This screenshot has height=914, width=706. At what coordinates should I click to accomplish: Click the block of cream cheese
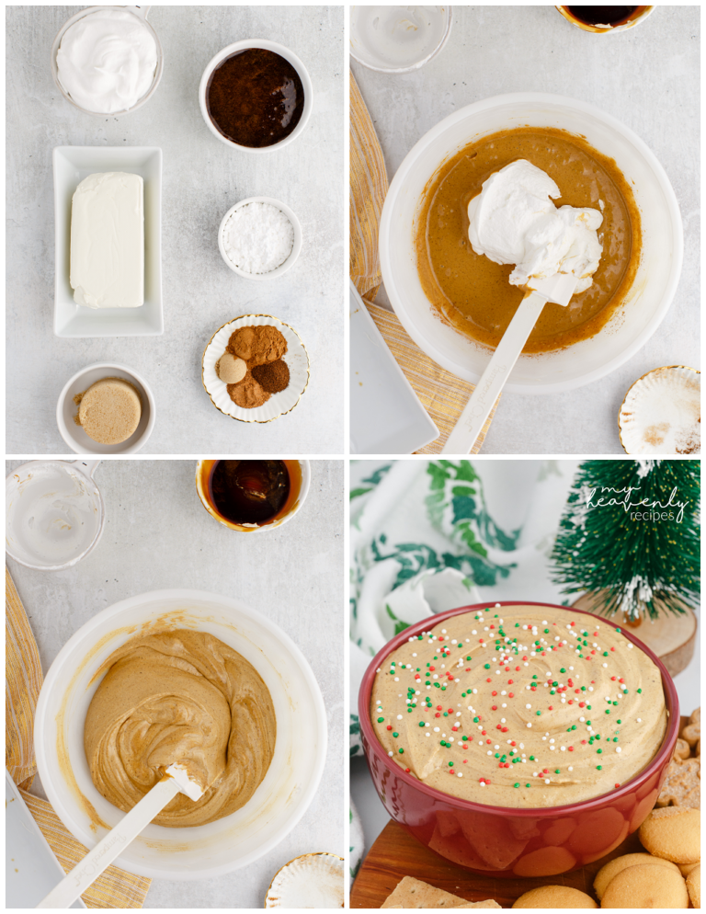(x=107, y=239)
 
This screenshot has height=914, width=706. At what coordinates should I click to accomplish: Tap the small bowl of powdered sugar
(x=258, y=237)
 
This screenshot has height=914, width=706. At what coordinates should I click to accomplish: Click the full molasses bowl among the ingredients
(x=255, y=96)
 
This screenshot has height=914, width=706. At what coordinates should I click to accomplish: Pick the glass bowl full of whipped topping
(x=107, y=59)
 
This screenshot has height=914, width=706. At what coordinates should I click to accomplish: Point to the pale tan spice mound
(x=232, y=368)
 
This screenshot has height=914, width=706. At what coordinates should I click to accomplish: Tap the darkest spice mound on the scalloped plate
(x=271, y=375)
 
